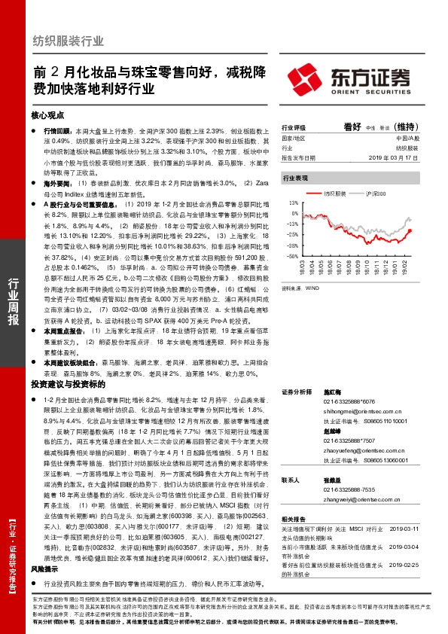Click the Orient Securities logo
(349, 78)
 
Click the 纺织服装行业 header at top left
(69, 41)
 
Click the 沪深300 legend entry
(384, 194)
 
